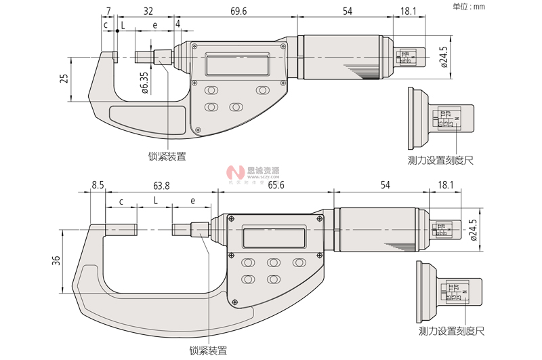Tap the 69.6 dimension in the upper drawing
[x=238, y=12]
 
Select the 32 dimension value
[x=148, y=12]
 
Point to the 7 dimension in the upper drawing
[x=108, y=12]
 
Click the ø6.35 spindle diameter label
[x=144, y=82]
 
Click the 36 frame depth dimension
[x=57, y=260]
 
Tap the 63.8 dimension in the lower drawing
[x=161, y=184]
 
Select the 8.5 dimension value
[x=98, y=184]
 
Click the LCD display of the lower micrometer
[x=273, y=237]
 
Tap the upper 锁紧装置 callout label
[x=167, y=156]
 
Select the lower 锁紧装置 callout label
[x=208, y=351]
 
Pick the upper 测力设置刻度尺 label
[x=440, y=160]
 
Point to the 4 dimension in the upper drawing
[x=178, y=24]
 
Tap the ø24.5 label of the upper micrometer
[x=444, y=58]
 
